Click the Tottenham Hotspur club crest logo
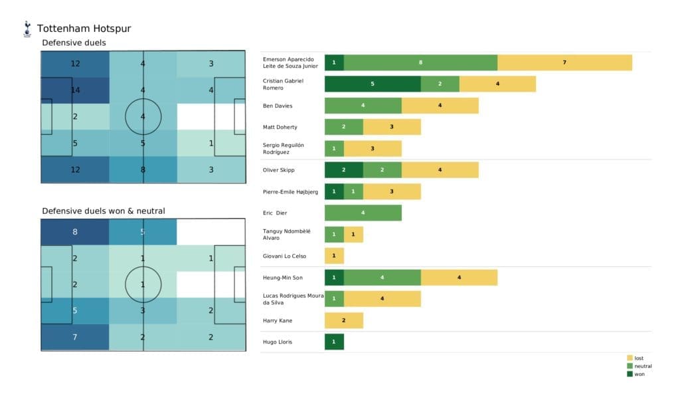[x=27, y=29]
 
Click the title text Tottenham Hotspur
[x=84, y=29]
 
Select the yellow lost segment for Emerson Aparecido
[x=564, y=62]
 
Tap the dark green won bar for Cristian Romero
[x=372, y=84]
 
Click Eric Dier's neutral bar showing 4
[x=363, y=213]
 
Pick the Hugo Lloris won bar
[x=334, y=342]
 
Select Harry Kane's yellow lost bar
[x=343, y=320]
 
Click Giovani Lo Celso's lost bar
[x=334, y=256]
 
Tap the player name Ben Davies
[x=278, y=106]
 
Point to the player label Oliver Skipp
[x=279, y=170]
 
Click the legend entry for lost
[x=639, y=357]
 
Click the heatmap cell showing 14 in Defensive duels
[x=75, y=90]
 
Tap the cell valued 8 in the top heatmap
[x=143, y=169]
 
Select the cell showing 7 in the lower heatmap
[x=75, y=337]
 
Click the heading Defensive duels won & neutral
[x=103, y=211]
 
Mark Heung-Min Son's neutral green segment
[x=382, y=277]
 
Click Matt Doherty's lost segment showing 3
[x=392, y=127]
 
